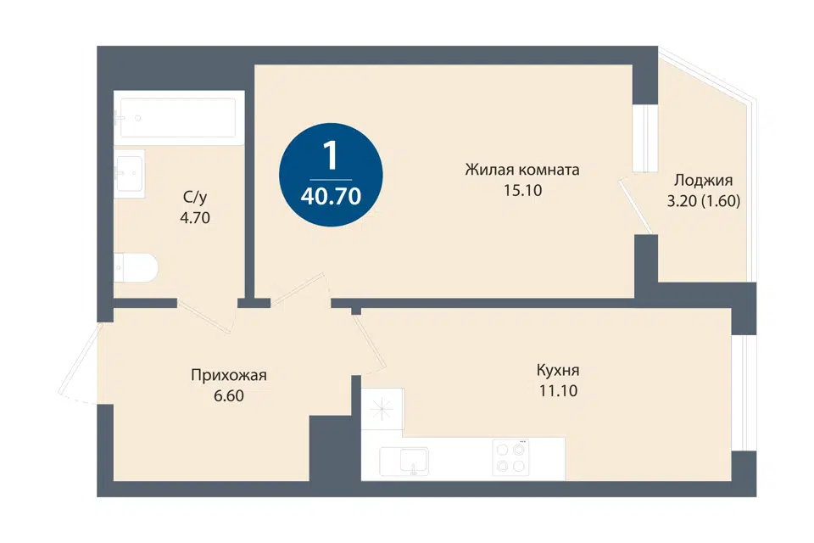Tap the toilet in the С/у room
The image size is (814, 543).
click(136, 268)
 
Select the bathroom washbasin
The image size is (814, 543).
click(129, 174)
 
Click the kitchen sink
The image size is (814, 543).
click(404, 462)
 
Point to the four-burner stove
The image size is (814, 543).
click(510, 458)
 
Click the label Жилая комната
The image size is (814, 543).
click(522, 170)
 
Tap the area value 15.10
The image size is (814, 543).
click(522, 191)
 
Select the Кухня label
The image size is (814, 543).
click(558, 371)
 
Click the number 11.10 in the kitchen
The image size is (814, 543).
click(558, 391)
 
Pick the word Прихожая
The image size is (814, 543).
click(229, 375)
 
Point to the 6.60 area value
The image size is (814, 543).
click(229, 396)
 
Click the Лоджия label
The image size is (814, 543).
click(704, 181)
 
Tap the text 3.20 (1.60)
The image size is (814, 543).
click(704, 201)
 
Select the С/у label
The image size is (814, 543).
click(195, 198)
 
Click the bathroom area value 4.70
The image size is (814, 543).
click(195, 218)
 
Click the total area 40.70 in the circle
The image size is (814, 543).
click(331, 197)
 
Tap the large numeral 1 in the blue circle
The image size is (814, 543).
click(330, 156)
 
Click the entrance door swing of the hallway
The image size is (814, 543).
click(78, 364)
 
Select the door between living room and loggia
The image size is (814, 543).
click(636, 206)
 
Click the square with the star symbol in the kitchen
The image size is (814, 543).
click(382, 409)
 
